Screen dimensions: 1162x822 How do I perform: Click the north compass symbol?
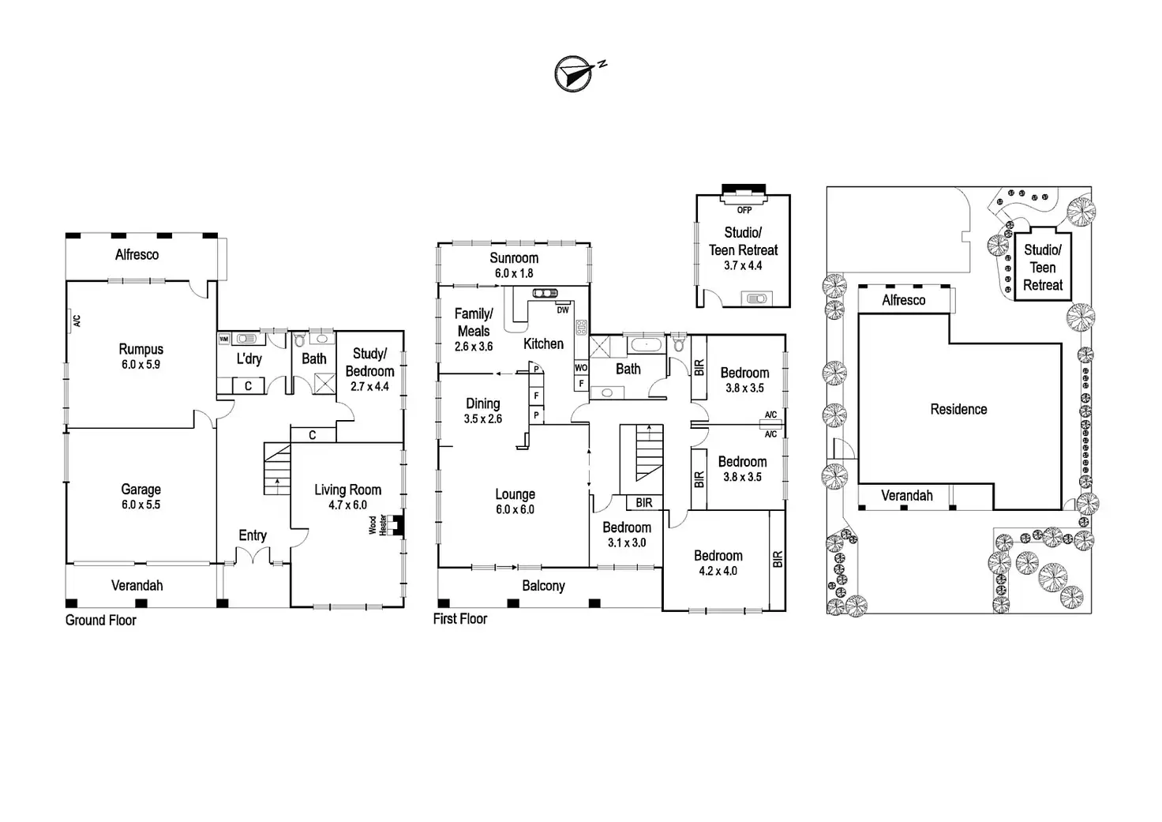(575, 73)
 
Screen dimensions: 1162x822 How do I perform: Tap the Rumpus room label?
(141, 349)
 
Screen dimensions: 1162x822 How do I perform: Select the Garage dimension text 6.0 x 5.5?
(141, 505)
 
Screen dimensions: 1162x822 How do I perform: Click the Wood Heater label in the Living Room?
(378, 526)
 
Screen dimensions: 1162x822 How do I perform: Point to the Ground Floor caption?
(100, 621)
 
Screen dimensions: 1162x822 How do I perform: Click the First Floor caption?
(459, 619)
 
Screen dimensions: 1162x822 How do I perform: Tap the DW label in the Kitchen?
(563, 310)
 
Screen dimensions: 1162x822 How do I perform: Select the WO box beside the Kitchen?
(581, 368)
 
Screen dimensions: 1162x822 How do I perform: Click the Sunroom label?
(514, 258)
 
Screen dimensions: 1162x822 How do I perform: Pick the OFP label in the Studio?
(744, 210)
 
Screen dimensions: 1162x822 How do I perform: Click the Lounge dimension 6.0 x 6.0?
(515, 510)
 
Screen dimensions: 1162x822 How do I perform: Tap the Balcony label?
(543, 586)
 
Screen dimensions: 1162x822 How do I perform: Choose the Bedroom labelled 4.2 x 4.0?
(718, 563)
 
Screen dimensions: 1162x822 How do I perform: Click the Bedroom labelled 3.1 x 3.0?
(627, 535)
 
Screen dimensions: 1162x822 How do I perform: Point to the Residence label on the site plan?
(958, 409)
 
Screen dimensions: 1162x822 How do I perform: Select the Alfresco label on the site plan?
(904, 300)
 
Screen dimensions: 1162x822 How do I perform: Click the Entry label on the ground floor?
(253, 535)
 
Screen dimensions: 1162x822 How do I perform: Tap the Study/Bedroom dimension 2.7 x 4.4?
(369, 387)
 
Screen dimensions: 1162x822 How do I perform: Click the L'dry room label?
(249, 359)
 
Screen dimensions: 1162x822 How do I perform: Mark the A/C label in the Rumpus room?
(77, 321)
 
